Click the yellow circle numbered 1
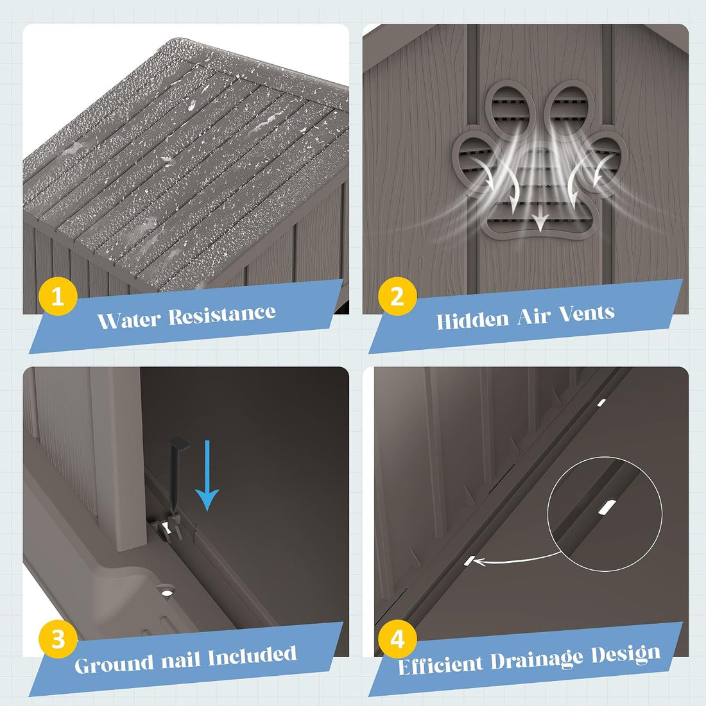point(58,297)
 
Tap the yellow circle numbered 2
point(397,297)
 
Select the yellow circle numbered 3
point(58,639)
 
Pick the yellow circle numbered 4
point(397,639)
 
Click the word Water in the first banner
point(129,320)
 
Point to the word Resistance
point(222,314)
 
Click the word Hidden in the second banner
point(472,320)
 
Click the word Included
point(252,655)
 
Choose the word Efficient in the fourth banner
point(440,665)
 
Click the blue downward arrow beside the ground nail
point(207,476)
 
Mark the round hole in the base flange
point(166,590)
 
